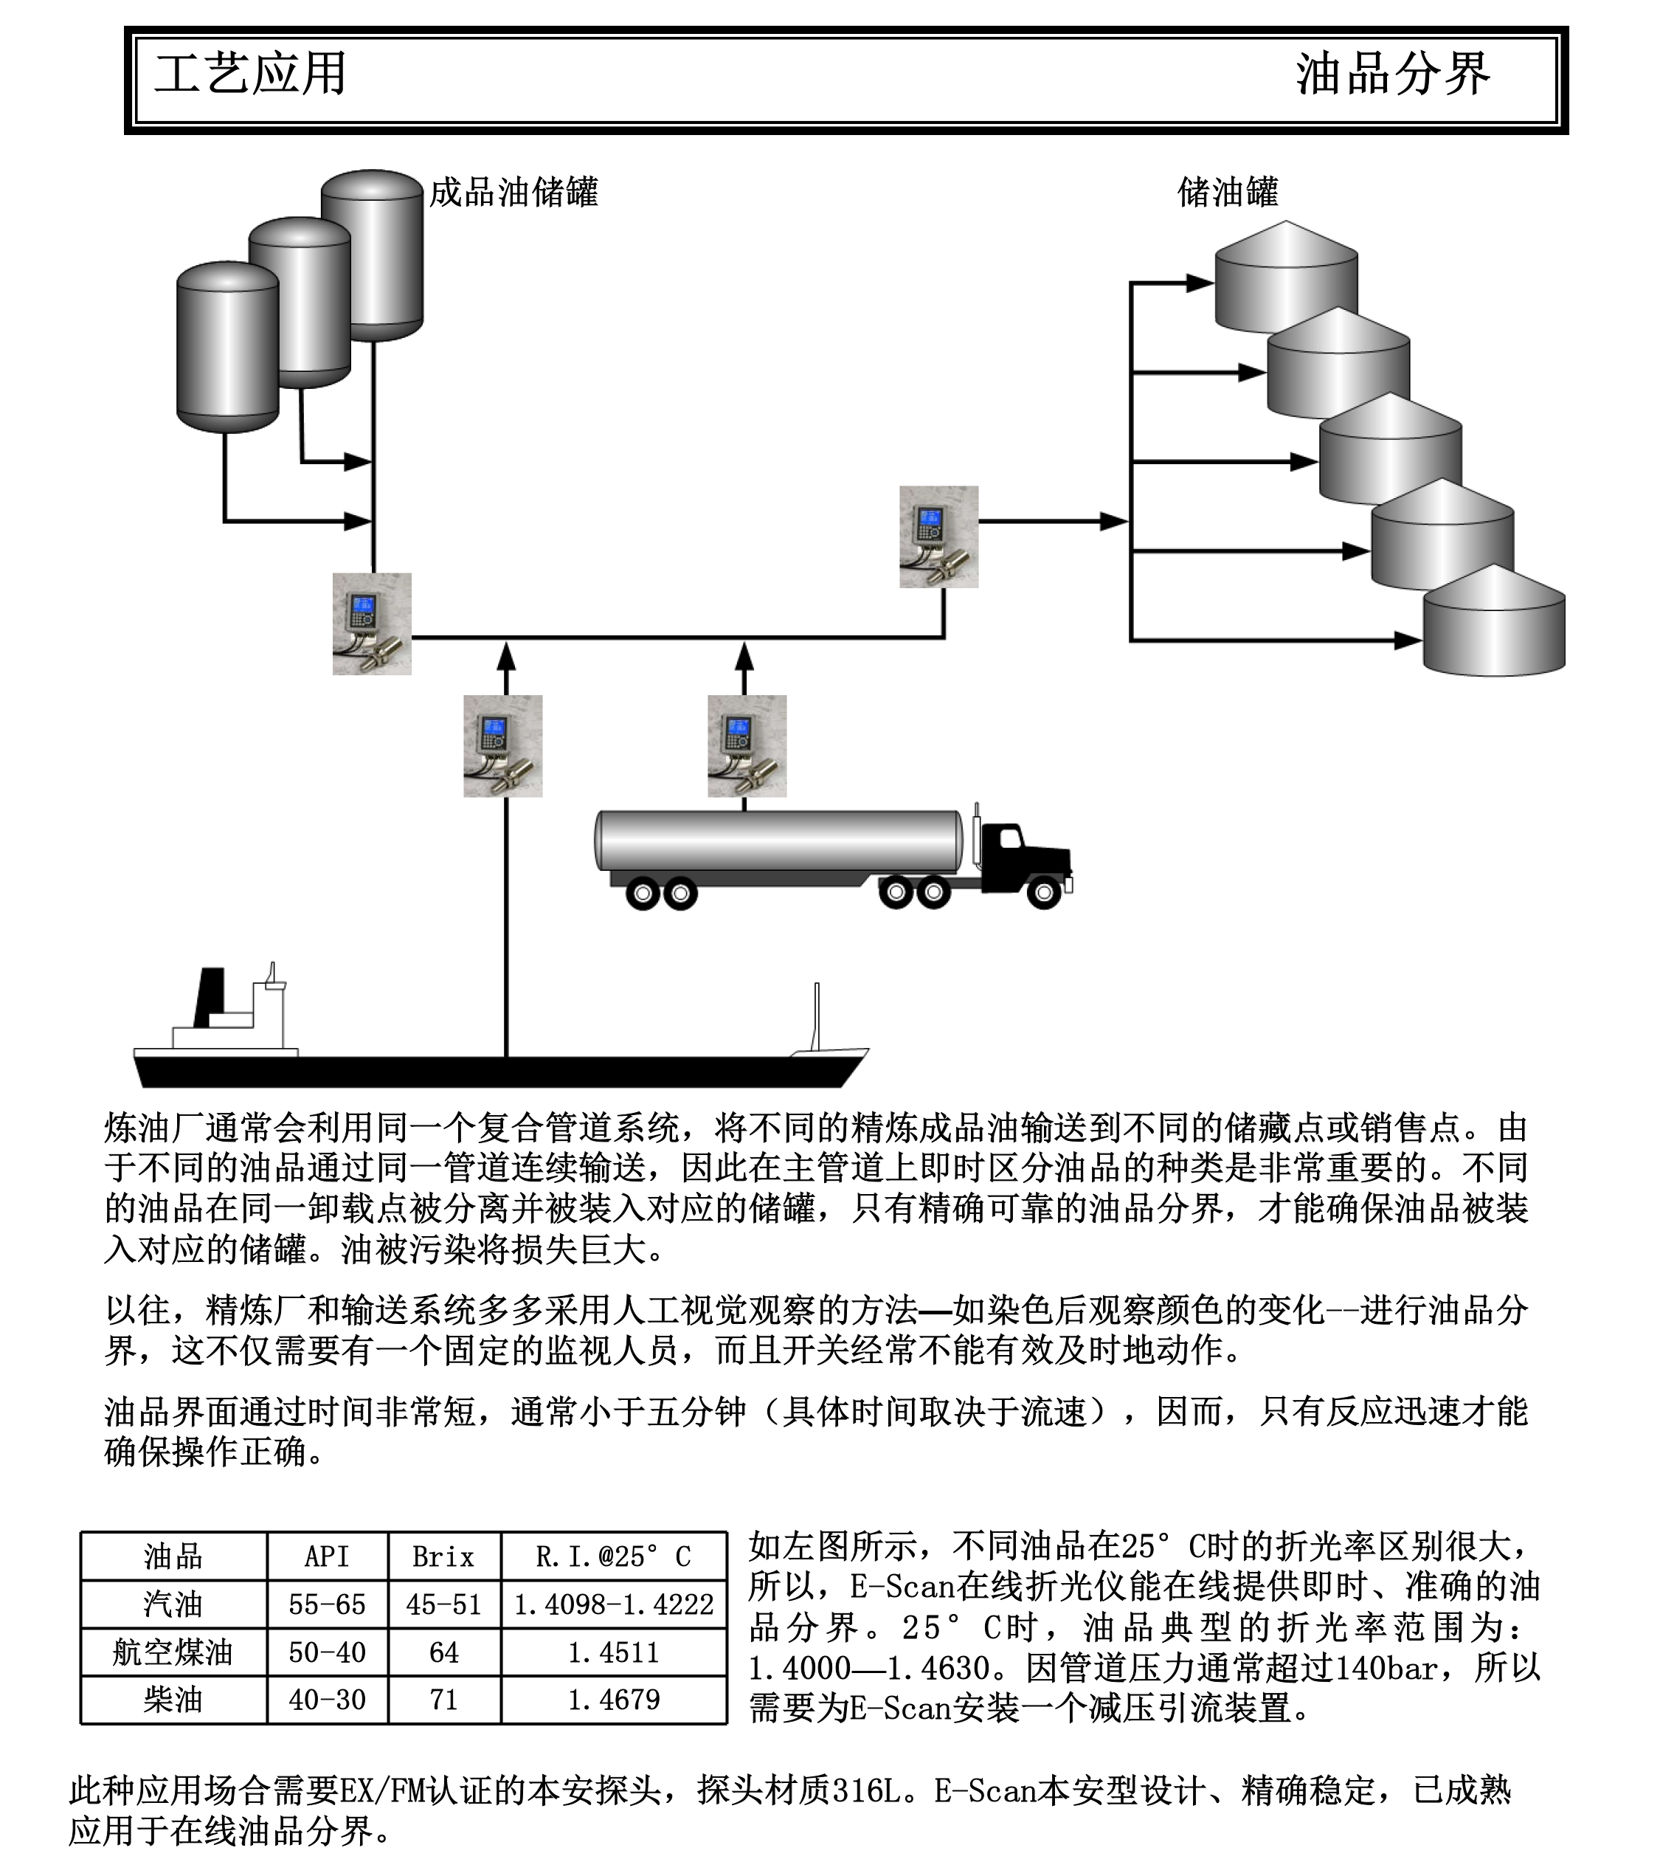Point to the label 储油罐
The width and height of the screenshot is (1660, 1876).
pyautogui.click(x=1227, y=193)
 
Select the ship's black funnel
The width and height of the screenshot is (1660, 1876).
pyautogui.click(x=210, y=997)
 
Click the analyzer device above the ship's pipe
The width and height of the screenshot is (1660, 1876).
pyautogui.click(x=503, y=746)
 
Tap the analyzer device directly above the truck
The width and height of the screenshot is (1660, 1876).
pyautogui.click(x=747, y=746)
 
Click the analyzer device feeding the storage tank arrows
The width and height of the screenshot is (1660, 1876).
pyautogui.click(x=938, y=537)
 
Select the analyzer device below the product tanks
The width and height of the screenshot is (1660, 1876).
pyautogui.click(x=372, y=624)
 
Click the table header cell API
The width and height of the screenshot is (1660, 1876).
pyautogui.click(x=327, y=1556)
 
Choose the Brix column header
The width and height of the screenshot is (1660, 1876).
pyautogui.click(x=443, y=1556)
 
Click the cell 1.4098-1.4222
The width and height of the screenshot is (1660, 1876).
pyautogui.click(x=614, y=1604)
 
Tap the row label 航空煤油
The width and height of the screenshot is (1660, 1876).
pyautogui.click(x=173, y=1652)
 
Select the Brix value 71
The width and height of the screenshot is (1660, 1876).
pyautogui.click(x=443, y=1700)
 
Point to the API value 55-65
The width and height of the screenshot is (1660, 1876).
pyautogui.click(x=327, y=1604)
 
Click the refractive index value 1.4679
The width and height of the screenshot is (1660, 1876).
pyautogui.click(x=614, y=1700)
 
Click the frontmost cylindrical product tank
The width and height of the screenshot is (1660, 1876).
pyautogui.click(x=227, y=347)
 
